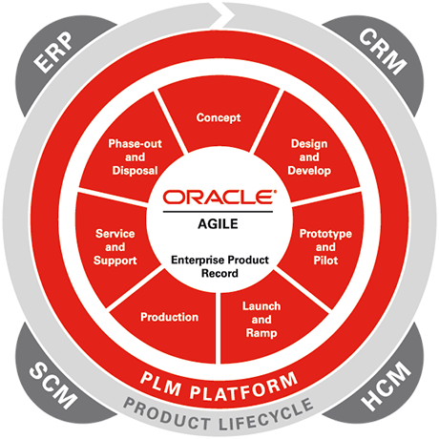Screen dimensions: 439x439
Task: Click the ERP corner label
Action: tap(53, 52)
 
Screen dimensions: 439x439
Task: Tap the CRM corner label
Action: tap(383, 52)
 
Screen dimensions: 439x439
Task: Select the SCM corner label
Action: tap(53, 385)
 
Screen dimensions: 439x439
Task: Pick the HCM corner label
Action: tap(386, 386)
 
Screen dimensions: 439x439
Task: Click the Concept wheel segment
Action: tap(219, 117)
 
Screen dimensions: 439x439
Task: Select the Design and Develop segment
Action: tap(309, 157)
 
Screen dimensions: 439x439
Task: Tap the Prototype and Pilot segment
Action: tap(325, 247)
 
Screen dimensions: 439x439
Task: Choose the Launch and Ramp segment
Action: tap(261, 320)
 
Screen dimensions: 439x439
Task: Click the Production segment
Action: tap(170, 317)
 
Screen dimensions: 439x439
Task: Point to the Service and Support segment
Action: tap(115, 247)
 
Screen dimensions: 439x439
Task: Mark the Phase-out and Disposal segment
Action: tap(136, 157)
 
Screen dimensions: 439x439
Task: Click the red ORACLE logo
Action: tap(219, 197)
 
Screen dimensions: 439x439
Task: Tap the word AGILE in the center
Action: tap(218, 224)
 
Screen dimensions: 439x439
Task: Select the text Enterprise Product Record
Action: tap(219, 266)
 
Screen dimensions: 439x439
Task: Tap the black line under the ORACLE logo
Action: tap(218, 212)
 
